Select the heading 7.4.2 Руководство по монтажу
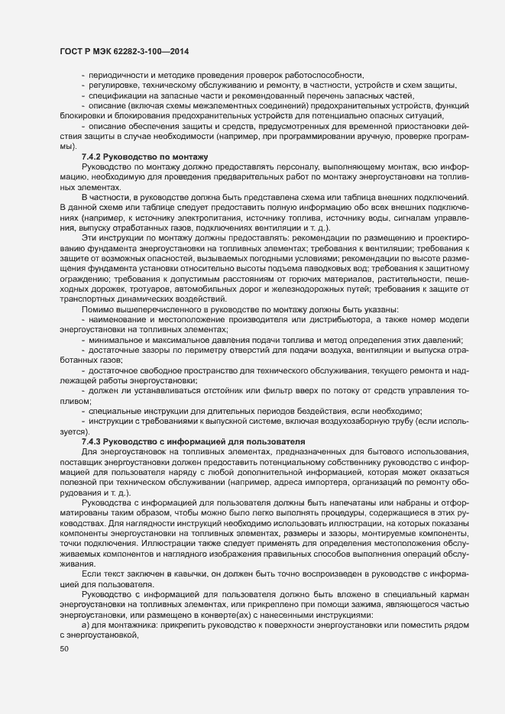point(134,156)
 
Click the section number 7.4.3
point(95,441)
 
